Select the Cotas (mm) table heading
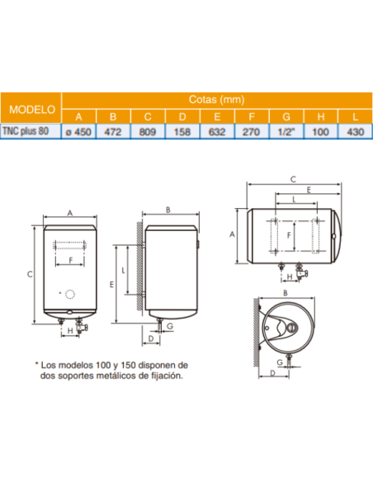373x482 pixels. pyautogui.click(x=205, y=99)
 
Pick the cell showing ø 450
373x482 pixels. pyautogui.click(x=79, y=130)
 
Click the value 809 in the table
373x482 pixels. pyautogui.click(x=149, y=130)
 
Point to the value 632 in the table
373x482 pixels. pyautogui.click(x=217, y=130)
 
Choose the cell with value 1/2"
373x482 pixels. pyautogui.click(x=286, y=130)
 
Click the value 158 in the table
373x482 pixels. pyautogui.click(x=182, y=130)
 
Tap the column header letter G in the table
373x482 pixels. pyautogui.click(x=286, y=116)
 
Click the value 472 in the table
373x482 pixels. pyautogui.click(x=114, y=130)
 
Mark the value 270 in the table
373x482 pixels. pyautogui.click(x=251, y=130)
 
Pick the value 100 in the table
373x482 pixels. pyautogui.click(x=320, y=130)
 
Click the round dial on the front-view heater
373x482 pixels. pyautogui.click(x=70, y=295)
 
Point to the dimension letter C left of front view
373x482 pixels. pyautogui.click(x=30, y=273)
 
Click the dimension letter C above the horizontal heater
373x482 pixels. pyautogui.click(x=294, y=178)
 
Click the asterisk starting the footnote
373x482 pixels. pyautogui.click(x=36, y=364)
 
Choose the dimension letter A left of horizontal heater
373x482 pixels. pyautogui.click(x=233, y=234)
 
